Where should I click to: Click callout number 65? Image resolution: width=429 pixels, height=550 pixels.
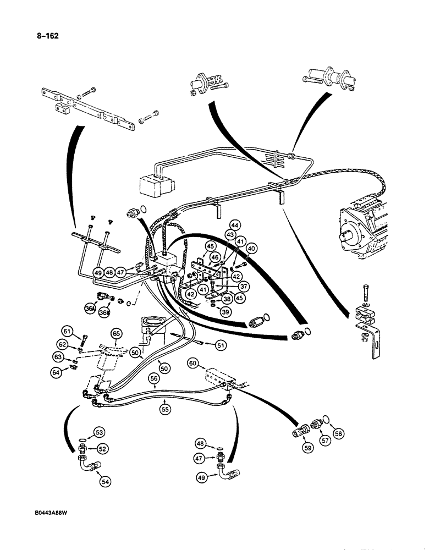(x=116, y=334)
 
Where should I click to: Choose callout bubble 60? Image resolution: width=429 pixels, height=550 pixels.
(x=193, y=364)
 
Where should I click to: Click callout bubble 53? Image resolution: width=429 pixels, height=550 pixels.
(x=100, y=432)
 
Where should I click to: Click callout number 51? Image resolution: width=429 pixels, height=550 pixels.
(x=221, y=345)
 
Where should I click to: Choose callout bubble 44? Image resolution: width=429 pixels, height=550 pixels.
(x=235, y=226)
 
